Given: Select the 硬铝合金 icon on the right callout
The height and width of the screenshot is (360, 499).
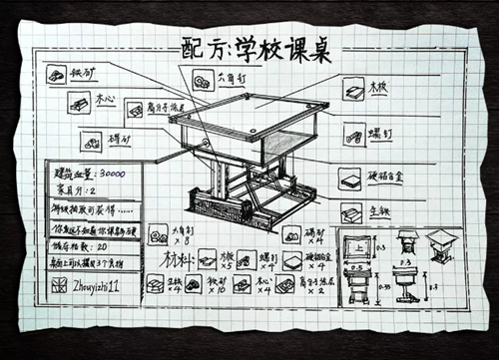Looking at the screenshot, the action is pyautogui.click(x=349, y=178).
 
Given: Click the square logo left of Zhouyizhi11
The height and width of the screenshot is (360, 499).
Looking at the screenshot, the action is pyautogui.click(x=58, y=284).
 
